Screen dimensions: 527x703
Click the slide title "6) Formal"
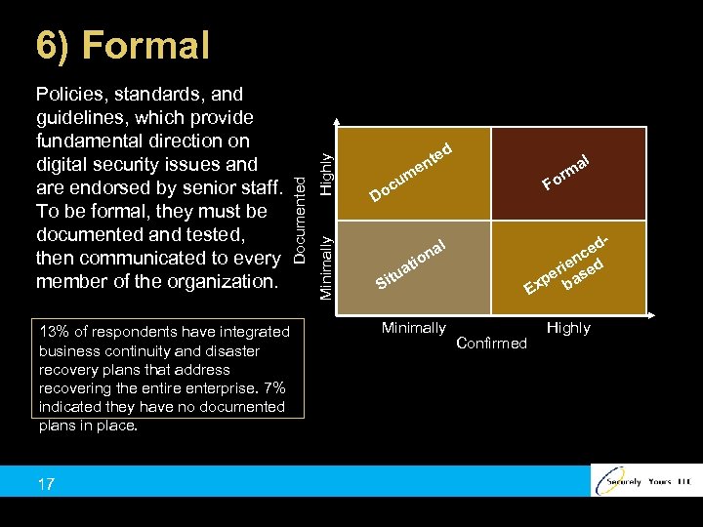click(x=123, y=45)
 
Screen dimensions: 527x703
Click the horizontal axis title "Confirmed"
click(x=491, y=343)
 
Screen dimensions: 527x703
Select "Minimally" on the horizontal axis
click(x=414, y=328)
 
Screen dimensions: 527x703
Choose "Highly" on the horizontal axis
click(x=568, y=328)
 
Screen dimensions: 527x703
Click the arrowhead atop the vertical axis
click(x=337, y=123)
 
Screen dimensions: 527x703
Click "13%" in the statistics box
click(x=54, y=333)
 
